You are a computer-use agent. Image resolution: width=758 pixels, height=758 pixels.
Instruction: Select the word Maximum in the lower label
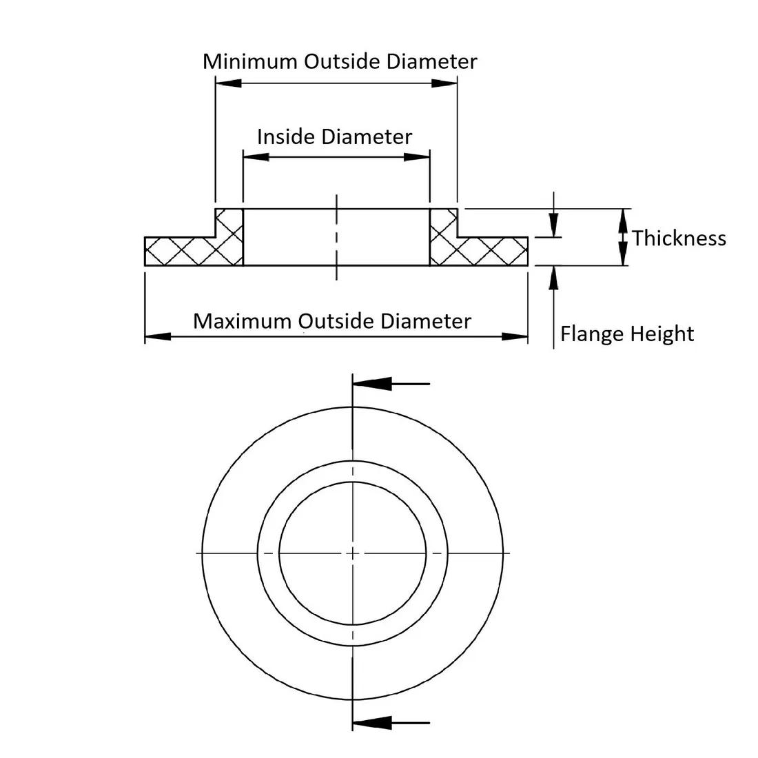[x=243, y=321]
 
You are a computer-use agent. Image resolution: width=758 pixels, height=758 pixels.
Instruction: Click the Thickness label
[x=679, y=238]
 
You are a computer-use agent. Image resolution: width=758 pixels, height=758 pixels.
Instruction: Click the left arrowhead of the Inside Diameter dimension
[x=256, y=157]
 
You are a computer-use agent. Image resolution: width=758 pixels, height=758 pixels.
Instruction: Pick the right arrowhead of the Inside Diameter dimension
[x=417, y=157]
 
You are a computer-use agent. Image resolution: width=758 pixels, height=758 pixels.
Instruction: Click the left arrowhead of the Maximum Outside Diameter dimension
[x=158, y=336]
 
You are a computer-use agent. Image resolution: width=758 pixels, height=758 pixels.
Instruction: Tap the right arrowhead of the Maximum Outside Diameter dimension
[x=515, y=336]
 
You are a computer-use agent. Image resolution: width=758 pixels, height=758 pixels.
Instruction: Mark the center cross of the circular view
[x=353, y=553]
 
